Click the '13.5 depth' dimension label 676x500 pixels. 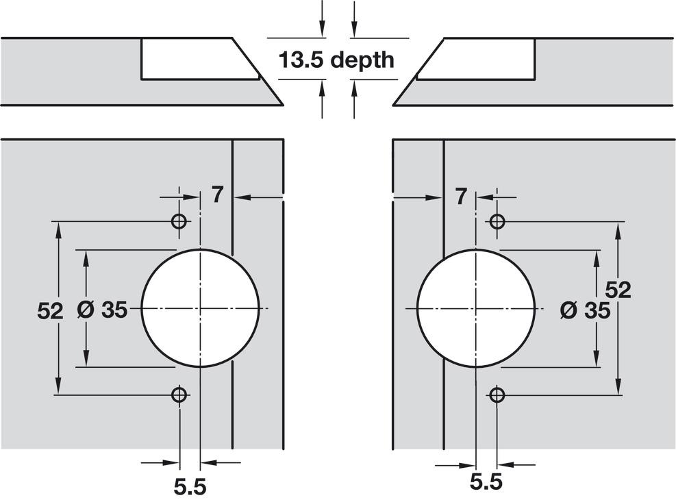click(336, 60)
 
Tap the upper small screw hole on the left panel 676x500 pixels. click(179, 221)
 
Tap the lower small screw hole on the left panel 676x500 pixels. click(179, 394)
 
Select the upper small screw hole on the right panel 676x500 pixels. click(497, 221)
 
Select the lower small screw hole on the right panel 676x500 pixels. click(497, 394)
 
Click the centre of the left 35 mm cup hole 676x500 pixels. click(201, 308)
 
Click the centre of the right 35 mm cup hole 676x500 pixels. click(476, 308)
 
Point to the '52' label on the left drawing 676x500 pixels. click(50, 311)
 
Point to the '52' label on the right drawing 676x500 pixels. click(618, 290)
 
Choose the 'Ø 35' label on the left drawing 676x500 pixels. click(102, 310)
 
